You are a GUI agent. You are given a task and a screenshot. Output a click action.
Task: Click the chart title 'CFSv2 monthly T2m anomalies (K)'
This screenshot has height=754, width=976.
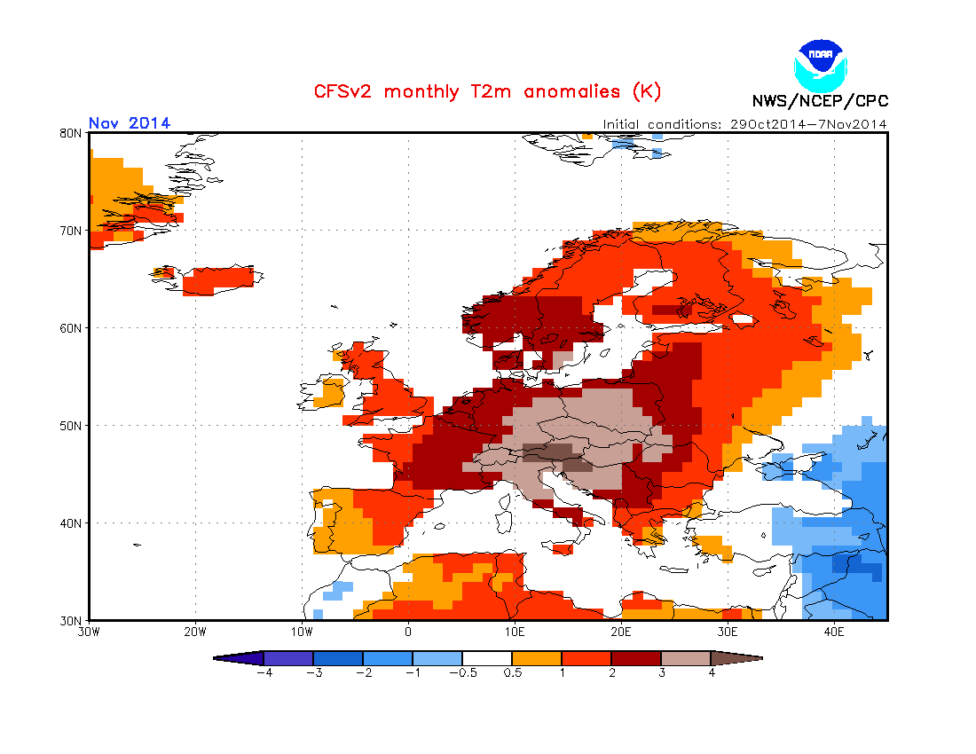coord(487,91)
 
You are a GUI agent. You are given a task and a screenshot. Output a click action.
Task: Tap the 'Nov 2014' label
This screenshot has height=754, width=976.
coord(130,123)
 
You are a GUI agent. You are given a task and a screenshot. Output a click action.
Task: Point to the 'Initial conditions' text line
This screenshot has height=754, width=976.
coord(744,124)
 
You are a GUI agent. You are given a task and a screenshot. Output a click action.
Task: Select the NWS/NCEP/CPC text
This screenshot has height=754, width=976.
coord(819,101)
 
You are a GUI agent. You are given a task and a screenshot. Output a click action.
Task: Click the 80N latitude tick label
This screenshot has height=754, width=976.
coord(72,133)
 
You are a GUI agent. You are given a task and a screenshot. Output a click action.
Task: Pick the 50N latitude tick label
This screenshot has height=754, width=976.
coord(72,426)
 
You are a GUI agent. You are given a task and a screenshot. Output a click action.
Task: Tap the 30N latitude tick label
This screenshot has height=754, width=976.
coord(72,620)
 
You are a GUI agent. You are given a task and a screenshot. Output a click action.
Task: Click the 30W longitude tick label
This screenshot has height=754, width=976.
coord(88,632)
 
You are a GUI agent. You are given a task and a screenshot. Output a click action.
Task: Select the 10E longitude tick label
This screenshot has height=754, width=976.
coord(515,632)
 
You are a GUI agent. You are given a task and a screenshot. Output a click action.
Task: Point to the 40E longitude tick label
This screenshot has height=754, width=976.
coord(834,632)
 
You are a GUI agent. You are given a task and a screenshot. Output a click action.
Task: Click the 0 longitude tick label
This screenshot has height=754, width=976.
coord(408,632)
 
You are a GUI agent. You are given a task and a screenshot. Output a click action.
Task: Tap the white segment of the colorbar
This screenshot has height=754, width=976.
coord(487,658)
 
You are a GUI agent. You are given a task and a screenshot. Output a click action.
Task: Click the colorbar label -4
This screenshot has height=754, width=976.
coord(264,672)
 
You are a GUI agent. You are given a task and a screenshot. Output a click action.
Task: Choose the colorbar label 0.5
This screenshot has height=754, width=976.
coord(512,672)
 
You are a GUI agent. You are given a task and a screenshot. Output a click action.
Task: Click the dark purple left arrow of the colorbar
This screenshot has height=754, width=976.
coord(240,658)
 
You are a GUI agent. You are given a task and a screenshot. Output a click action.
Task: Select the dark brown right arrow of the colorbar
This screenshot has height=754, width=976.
coord(736,658)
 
